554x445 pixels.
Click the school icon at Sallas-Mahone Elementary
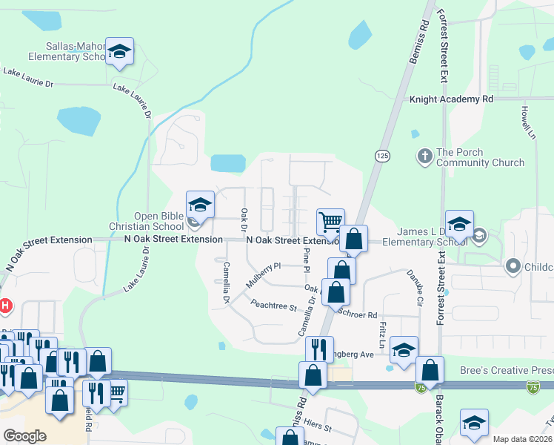(119, 52)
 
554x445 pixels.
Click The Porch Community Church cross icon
(425, 156)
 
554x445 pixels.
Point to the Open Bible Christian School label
(158, 221)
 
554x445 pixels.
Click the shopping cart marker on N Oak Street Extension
(330, 221)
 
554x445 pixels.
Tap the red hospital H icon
(4, 305)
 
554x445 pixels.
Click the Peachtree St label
(273, 304)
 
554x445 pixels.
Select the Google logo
(24, 436)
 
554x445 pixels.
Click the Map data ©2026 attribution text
(521, 439)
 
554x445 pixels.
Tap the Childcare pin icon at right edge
(512, 266)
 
